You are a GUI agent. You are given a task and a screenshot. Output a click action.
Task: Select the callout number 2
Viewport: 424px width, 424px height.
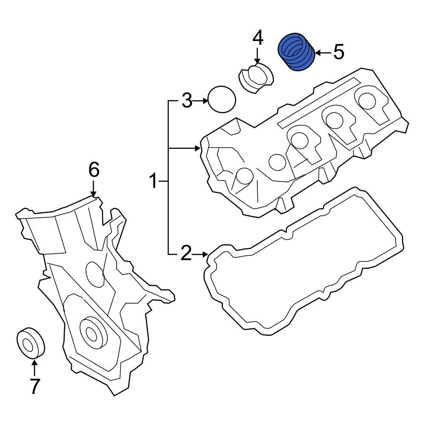tap(186, 254)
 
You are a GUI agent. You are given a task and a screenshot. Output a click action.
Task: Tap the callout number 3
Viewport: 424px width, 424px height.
tap(187, 101)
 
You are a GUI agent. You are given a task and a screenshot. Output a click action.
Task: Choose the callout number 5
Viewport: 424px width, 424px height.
tap(338, 53)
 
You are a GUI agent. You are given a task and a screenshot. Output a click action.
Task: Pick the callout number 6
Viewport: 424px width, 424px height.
tap(94, 170)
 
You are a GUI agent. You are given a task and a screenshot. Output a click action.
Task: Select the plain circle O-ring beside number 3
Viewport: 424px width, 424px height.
tap(222, 100)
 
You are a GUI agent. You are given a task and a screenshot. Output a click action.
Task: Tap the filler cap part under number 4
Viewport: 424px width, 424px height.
tap(256, 78)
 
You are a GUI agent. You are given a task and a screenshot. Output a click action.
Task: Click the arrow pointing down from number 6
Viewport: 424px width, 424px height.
tap(94, 188)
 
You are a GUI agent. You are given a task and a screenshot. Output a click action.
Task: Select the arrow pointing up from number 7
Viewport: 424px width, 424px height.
tap(34, 366)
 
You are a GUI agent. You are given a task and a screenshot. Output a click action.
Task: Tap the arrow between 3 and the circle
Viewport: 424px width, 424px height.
tap(201, 101)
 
